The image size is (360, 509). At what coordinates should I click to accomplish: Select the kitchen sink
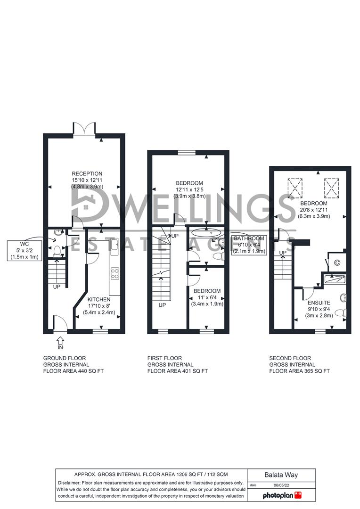115,244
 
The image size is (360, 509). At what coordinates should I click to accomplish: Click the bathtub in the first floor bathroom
206,232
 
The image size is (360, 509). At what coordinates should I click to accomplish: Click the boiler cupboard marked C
336,263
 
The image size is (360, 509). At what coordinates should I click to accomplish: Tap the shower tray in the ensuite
334,279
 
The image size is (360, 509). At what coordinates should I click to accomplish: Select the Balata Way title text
281,475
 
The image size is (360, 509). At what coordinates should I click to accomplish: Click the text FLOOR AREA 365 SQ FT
299,371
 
